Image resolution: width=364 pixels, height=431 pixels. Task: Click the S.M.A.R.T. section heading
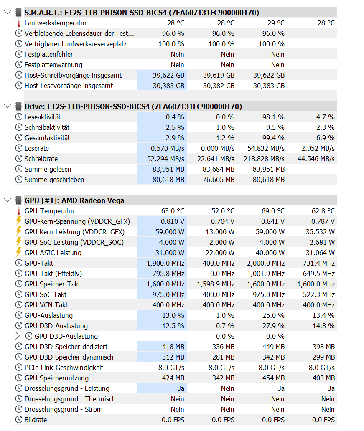[x=142, y=13]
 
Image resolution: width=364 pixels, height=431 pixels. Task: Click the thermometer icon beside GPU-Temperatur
[x=18, y=211]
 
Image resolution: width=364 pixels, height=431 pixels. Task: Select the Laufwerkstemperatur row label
[x=56, y=23]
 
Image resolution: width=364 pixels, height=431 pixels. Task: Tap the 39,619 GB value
[x=219, y=75]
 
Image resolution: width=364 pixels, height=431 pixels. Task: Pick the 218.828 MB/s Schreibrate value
[x=264, y=159]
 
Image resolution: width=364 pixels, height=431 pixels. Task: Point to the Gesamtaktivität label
[x=47, y=138]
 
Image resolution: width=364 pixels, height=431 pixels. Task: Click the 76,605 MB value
[x=219, y=180]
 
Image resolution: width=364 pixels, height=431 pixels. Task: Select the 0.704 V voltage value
[x=223, y=221]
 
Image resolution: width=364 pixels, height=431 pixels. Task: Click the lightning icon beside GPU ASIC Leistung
[x=18, y=253]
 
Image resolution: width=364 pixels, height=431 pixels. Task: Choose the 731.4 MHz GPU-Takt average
[x=319, y=263]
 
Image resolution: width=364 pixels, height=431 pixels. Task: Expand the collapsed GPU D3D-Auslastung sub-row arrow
[x=17, y=336]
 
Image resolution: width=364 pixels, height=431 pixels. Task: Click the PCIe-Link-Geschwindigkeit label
[x=64, y=368]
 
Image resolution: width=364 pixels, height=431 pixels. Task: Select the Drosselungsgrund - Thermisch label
[x=70, y=399]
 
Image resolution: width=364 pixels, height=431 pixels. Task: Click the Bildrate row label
[x=36, y=420]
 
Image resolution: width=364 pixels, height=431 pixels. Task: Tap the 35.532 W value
[x=319, y=232]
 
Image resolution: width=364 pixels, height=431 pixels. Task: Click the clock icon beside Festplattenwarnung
[x=18, y=65]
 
